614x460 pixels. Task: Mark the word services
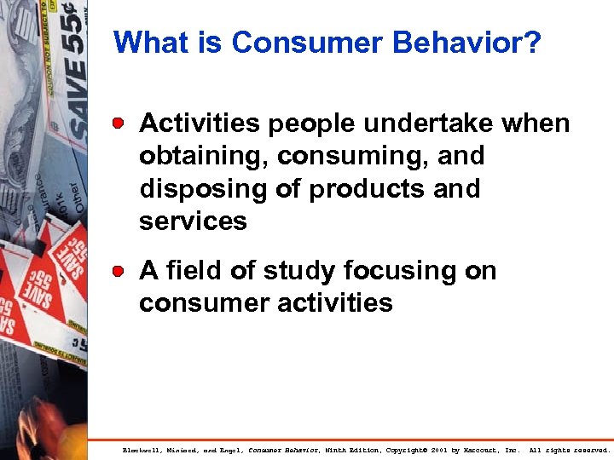193,221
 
